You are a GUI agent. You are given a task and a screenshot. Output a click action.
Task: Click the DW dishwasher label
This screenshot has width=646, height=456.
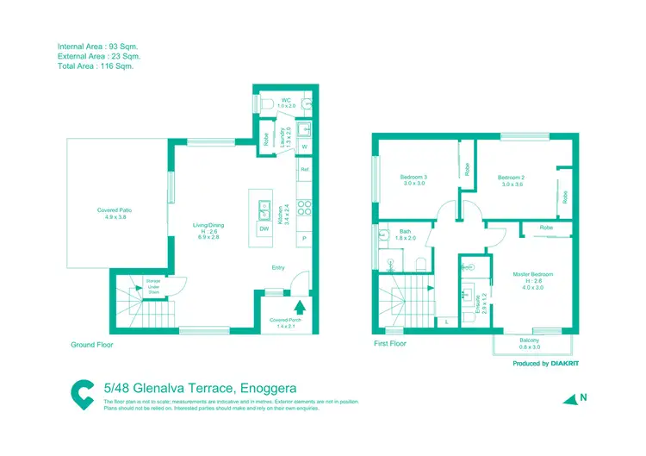(x=264, y=228)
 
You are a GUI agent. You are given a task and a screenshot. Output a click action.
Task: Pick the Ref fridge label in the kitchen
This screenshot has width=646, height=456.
(x=304, y=170)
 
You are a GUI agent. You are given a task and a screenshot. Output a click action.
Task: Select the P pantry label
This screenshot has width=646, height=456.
(x=304, y=237)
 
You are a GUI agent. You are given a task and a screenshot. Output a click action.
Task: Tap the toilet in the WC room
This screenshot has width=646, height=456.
(x=267, y=103)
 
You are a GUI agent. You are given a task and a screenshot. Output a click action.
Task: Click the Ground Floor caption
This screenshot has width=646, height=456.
(x=91, y=344)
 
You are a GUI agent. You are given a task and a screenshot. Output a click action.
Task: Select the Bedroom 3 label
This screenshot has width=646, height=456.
(x=413, y=180)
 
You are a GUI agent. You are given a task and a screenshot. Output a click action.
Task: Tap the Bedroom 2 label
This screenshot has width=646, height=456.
(x=512, y=180)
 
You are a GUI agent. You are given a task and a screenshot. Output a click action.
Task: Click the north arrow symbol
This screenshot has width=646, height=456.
(x=570, y=398)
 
